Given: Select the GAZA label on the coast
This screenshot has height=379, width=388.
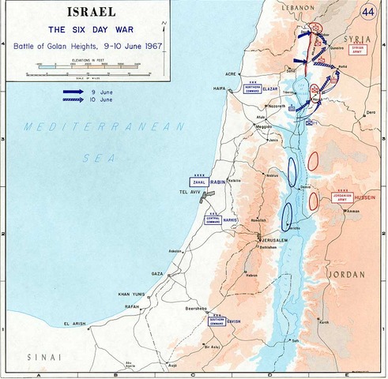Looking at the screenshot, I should tap(158, 273).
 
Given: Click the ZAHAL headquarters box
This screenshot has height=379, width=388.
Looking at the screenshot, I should tap(198, 182).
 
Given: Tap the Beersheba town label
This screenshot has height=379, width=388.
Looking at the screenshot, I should tap(197, 310).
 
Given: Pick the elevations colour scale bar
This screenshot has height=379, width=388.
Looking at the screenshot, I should tap(87, 68).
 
